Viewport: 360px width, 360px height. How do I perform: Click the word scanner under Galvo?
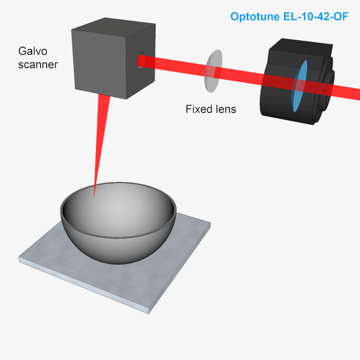click(x=38, y=64)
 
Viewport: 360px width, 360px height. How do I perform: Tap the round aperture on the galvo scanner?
click(x=140, y=61)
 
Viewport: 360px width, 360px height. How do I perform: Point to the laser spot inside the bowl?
click(x=95, y=196)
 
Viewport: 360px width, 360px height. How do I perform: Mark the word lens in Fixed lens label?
click(x=226, y=109)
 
